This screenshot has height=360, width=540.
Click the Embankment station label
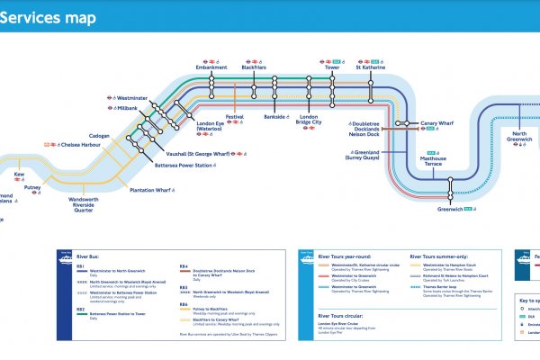[x=211, y=67]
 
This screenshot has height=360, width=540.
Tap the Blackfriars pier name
[x=256, y=67]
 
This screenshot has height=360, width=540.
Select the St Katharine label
[x=372, y=67]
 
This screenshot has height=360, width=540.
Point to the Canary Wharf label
[x=433, y=123]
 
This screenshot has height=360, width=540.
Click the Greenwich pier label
[x=449, y=209]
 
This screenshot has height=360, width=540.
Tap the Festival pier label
[x=235, y=117]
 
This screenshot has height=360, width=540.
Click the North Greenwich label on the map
[x=520, y=135]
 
